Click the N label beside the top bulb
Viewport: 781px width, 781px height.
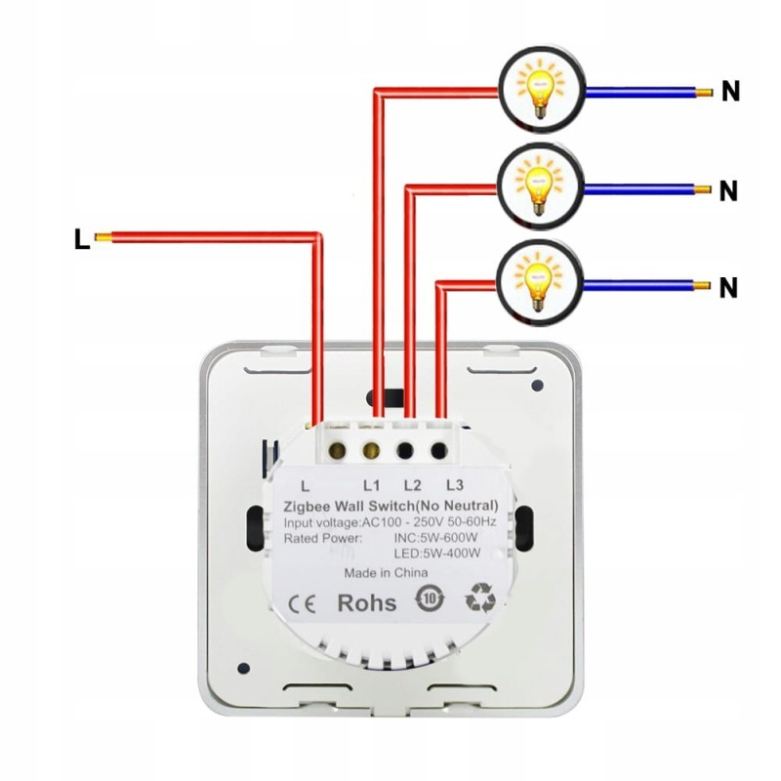(729, 93)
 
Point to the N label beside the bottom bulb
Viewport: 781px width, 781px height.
(727, 288)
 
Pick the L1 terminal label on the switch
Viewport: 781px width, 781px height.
(372, 484)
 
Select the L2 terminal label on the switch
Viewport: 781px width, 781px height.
(411, 484)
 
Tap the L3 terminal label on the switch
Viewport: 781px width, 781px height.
(452, 484)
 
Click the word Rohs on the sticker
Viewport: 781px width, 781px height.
(366, 602)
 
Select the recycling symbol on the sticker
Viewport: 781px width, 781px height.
(480, 597)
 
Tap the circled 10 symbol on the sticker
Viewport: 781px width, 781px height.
(429, 597)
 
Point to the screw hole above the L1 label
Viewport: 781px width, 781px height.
(372, 450)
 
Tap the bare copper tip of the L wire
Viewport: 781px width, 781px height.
(103, 235)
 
